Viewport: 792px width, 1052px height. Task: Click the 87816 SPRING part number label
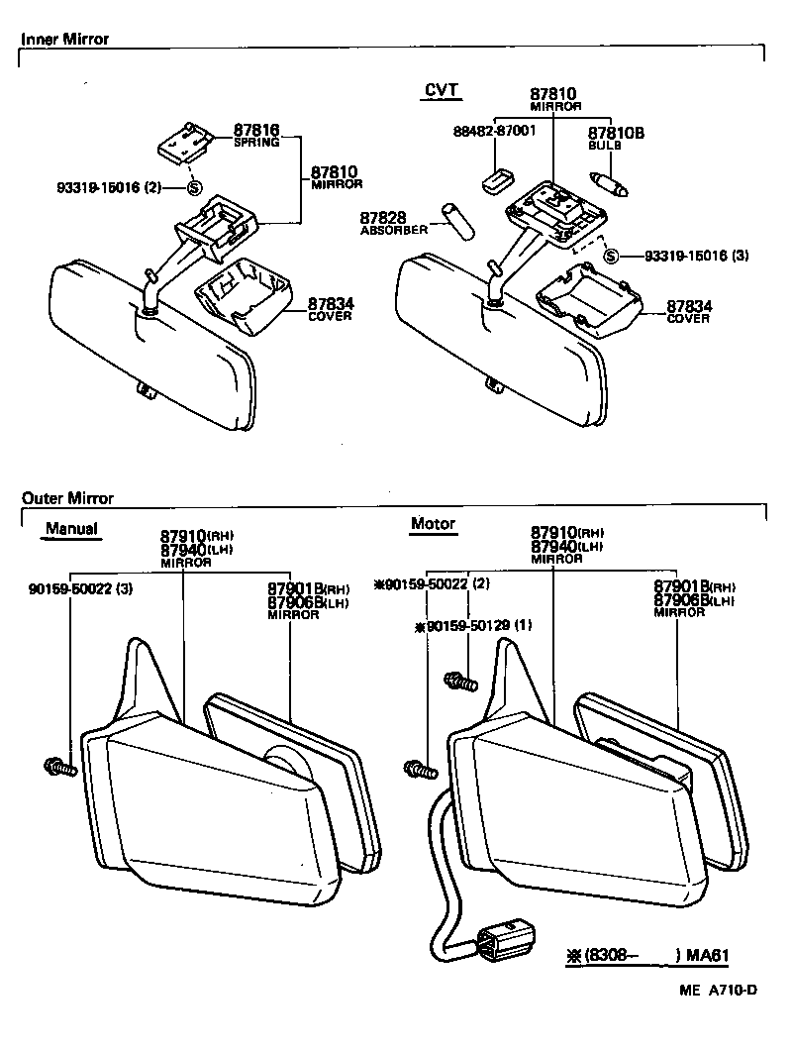(256, 135)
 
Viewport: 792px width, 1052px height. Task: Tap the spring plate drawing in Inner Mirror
(184, 141)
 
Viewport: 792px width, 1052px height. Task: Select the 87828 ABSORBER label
(394, 223)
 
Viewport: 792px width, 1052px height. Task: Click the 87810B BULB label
(616, 138)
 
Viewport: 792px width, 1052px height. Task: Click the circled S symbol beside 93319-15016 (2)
(194, 186)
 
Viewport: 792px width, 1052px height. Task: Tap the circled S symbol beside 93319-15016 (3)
(611, 256)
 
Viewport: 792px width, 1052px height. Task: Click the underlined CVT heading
(441, 90)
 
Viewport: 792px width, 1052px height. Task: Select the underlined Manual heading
(71, 528)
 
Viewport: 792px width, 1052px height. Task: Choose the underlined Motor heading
(433, 524)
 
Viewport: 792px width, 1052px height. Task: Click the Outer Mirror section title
(67, 498)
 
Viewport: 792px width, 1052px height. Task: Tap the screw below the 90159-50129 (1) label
(460, 681)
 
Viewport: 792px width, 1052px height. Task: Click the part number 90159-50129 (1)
(473, 626)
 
